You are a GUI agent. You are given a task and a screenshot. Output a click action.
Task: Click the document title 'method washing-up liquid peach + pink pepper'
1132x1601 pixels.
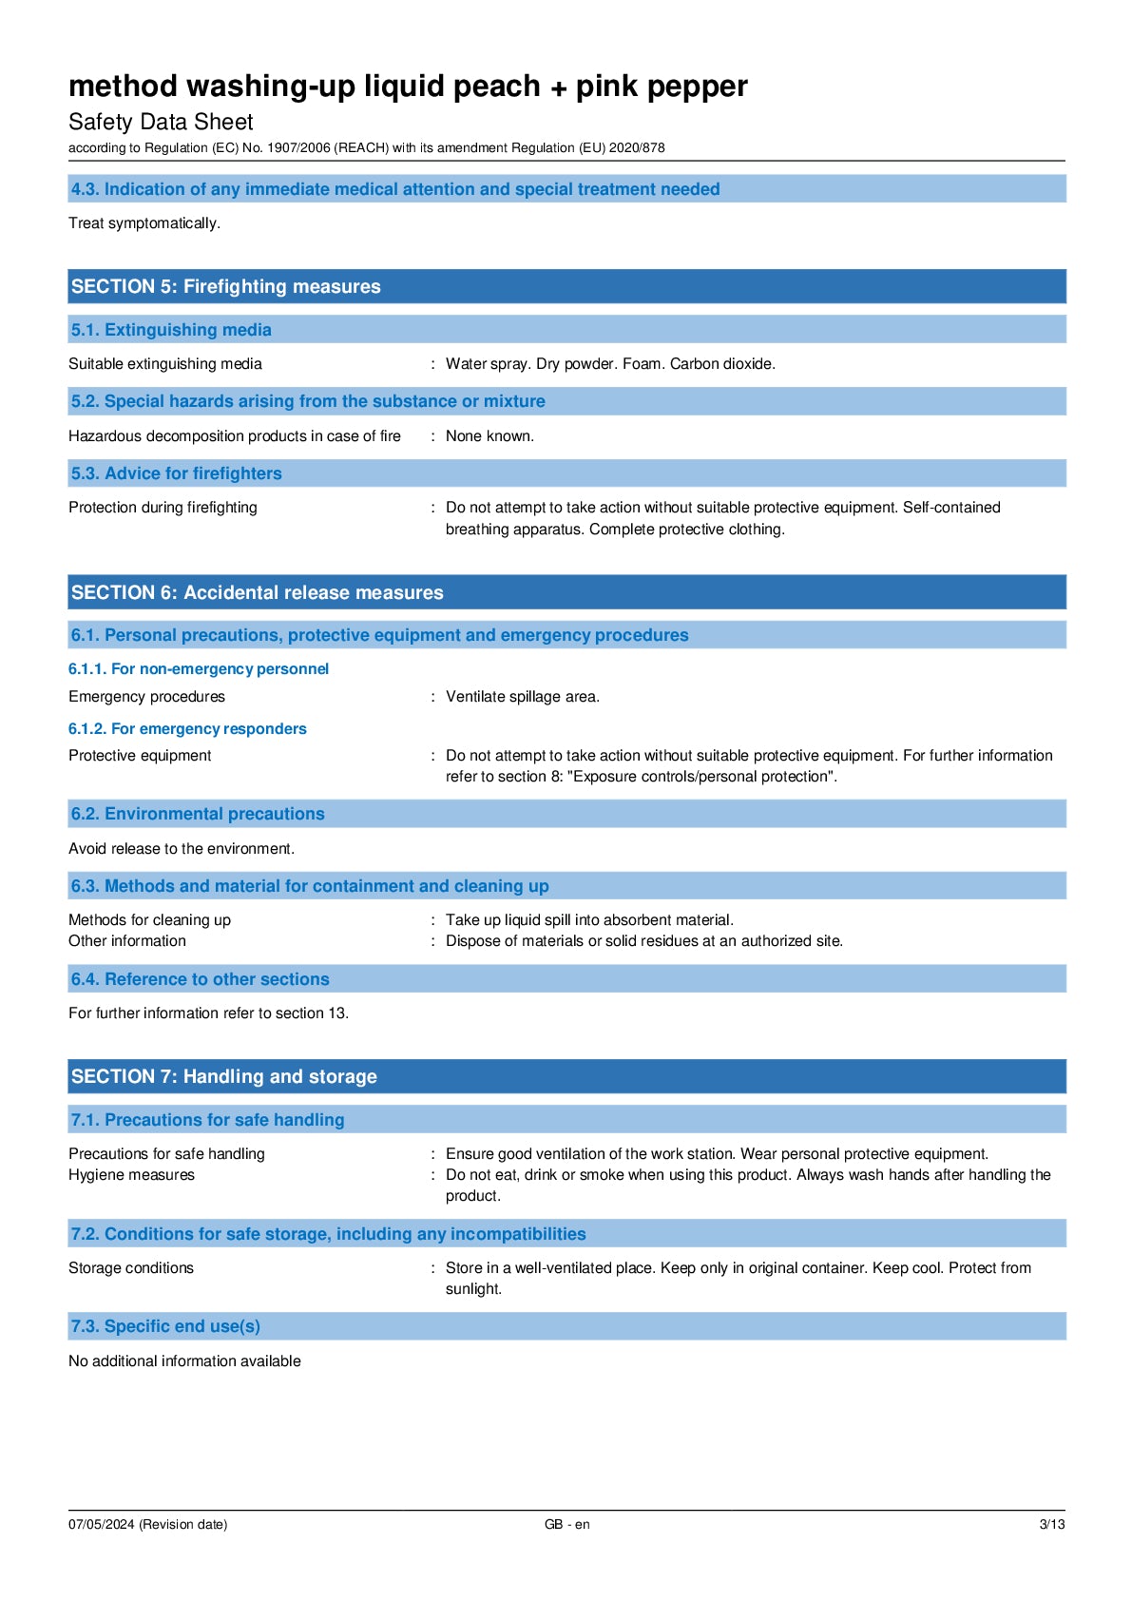408,87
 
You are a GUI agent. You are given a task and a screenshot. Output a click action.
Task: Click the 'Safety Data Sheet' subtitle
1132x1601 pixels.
161,122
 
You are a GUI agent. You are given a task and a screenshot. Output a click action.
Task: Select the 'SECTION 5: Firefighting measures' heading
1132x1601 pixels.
225,286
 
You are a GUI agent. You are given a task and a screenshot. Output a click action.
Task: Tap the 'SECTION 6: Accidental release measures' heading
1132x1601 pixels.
257,592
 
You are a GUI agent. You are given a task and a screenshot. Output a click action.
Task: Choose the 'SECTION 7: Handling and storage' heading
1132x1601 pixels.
223,1076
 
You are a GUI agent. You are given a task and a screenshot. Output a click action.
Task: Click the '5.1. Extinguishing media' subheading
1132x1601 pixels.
171,330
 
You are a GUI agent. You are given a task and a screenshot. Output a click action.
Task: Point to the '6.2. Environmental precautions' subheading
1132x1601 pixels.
198,814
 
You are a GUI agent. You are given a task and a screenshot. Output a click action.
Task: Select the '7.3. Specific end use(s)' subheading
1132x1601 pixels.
165,1326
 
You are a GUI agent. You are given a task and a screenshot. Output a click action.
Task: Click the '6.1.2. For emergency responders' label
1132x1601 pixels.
187,729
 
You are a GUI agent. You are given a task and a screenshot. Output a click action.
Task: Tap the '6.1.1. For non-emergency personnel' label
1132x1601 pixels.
199,669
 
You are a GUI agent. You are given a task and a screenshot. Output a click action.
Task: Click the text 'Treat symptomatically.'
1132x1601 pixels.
144,223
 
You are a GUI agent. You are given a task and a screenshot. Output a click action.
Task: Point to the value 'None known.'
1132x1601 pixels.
489,436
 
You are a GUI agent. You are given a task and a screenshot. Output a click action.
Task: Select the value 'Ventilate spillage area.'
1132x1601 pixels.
523,697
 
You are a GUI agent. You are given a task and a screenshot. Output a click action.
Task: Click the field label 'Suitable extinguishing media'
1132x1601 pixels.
165,364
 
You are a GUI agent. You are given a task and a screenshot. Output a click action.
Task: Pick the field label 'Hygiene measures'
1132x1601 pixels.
131,1175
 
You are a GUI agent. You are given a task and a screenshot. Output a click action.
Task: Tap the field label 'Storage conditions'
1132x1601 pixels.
131,1268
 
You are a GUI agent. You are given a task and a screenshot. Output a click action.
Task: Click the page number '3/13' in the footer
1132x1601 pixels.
1051,1525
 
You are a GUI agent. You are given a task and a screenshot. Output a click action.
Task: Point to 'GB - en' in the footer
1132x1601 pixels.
566,1525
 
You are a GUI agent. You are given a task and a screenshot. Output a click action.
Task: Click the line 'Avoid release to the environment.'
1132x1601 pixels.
182,849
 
